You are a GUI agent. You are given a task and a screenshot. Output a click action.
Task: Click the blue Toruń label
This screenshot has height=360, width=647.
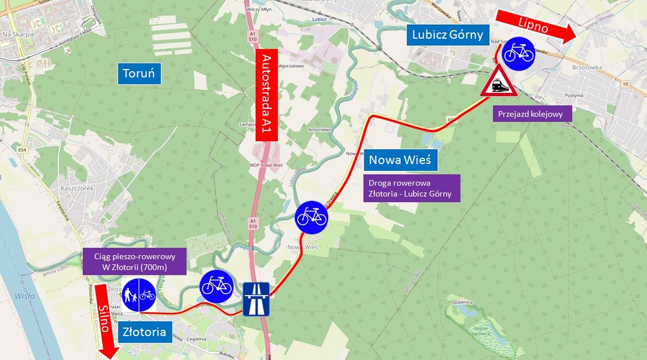[x=139, y=73]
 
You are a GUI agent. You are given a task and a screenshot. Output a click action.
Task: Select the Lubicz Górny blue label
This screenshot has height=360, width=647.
[x=448, y=35]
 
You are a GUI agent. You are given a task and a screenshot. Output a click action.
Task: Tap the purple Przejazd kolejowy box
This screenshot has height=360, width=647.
[x=531, y=114]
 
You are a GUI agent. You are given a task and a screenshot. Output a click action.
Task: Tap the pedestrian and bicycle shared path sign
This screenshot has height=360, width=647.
[x=139, y=294]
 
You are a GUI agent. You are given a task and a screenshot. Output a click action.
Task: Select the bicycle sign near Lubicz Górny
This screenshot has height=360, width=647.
[x=518, y=53]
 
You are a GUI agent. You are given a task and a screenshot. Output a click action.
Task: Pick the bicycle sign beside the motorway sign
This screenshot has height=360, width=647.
[x=216, y=286]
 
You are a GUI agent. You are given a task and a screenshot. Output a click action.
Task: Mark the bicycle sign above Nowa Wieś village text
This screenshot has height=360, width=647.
[x=311, y=216]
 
